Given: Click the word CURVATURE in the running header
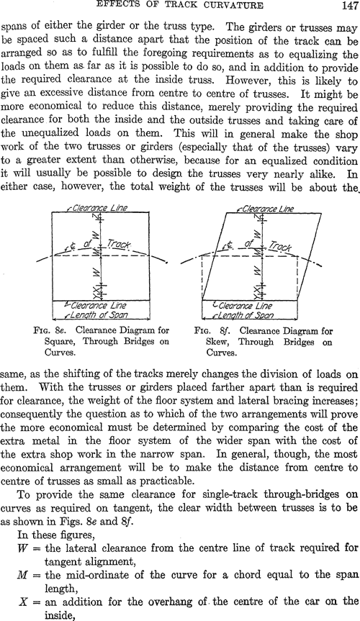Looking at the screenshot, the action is [x=233, y=5].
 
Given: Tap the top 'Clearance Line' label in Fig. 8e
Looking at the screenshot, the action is [x=99, y=208].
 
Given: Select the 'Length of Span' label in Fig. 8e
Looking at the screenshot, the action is [x=99, y=315].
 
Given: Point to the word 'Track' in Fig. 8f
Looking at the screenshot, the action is [x=280, y=246].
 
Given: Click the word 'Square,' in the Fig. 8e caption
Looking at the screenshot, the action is [x=58, y=341].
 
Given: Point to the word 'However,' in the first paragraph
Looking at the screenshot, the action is [x=242, y=81].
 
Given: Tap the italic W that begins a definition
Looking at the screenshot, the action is [x=22, y=548].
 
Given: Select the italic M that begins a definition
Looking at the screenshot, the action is [x=22, y=574].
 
